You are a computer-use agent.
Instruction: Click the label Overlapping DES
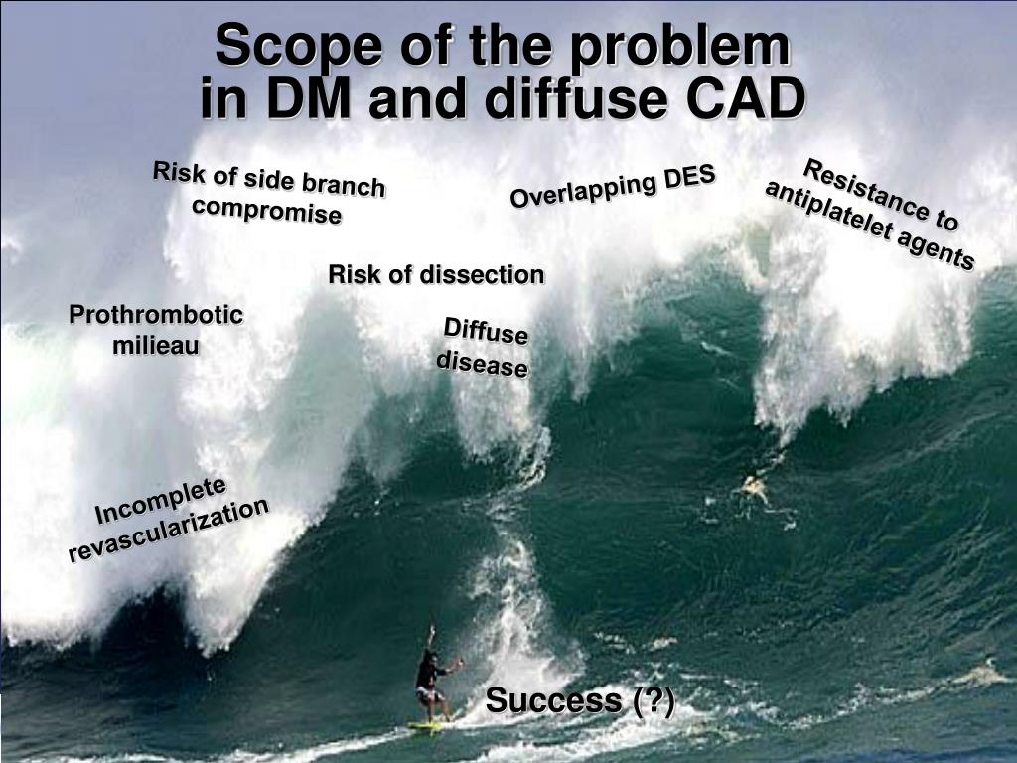point(613,187)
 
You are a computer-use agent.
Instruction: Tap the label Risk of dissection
point(436,274)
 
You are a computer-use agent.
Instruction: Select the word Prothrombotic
point(156,316)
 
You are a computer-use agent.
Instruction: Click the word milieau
point(156,345)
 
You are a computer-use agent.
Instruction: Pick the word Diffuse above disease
point(485,332)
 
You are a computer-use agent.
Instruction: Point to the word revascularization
point(169,530)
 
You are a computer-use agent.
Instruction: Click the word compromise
point(266,211)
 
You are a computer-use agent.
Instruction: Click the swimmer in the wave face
point(754,486)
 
